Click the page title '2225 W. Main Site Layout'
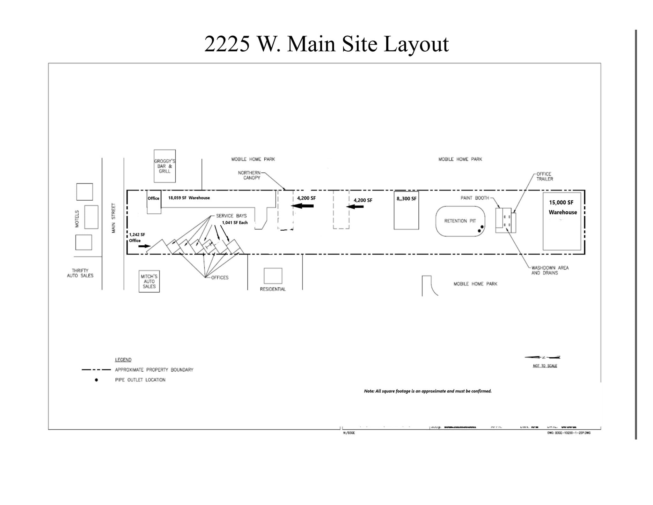tap(326, 44)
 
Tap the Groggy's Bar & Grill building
tap(165, 166)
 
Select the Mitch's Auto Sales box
tap(149, 281)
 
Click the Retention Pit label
tap(460, 221)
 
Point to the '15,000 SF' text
tap(561, 203)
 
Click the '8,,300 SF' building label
tap(406, 199)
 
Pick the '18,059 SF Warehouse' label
tap(189, 198)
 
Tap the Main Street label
tap(114, 218)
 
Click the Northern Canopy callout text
tap(249, 175)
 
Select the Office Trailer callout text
tap(544, 176)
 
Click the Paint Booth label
tap(474, 198)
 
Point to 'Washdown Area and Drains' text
tap(550, 270)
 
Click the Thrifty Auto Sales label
tap(80, 273)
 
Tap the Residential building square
tap(273, 276)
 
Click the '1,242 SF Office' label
tap(137, 237)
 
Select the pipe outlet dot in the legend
tap(96, 380)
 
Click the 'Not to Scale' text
tap(545, 366)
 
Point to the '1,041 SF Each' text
tap(235, 223)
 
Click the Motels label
tap(77, 219)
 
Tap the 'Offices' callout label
tap(220, 278)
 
